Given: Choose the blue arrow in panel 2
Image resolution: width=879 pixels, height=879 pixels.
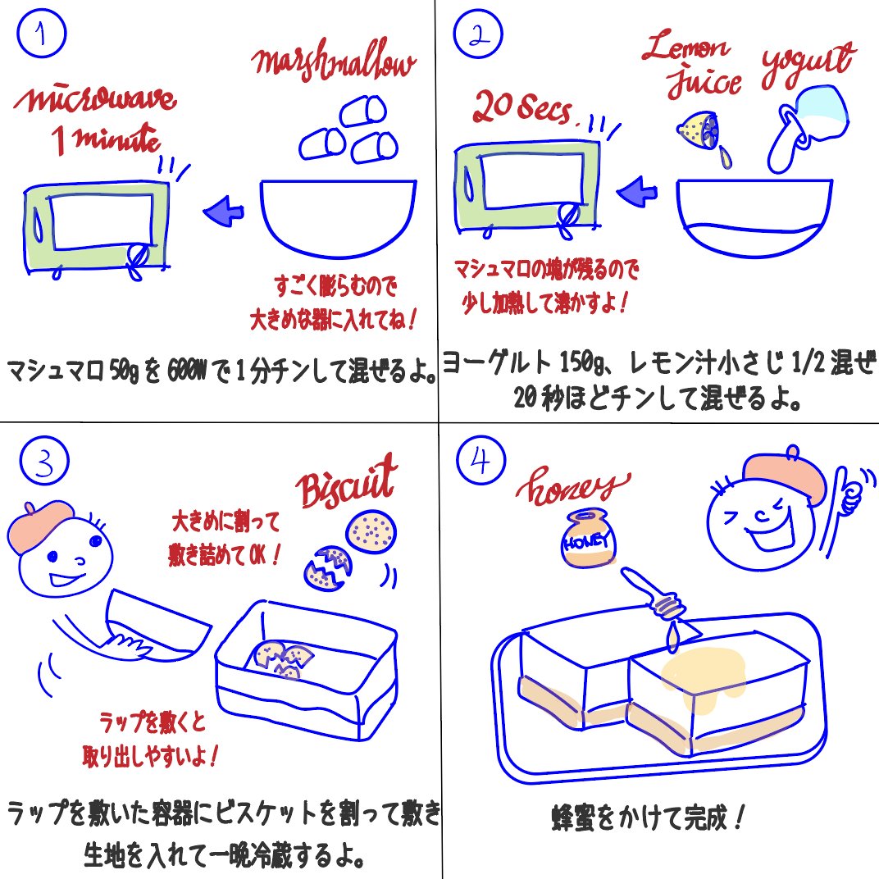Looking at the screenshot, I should pos(638,194).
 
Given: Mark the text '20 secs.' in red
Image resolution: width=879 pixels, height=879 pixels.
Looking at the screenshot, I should pos(524,108).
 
